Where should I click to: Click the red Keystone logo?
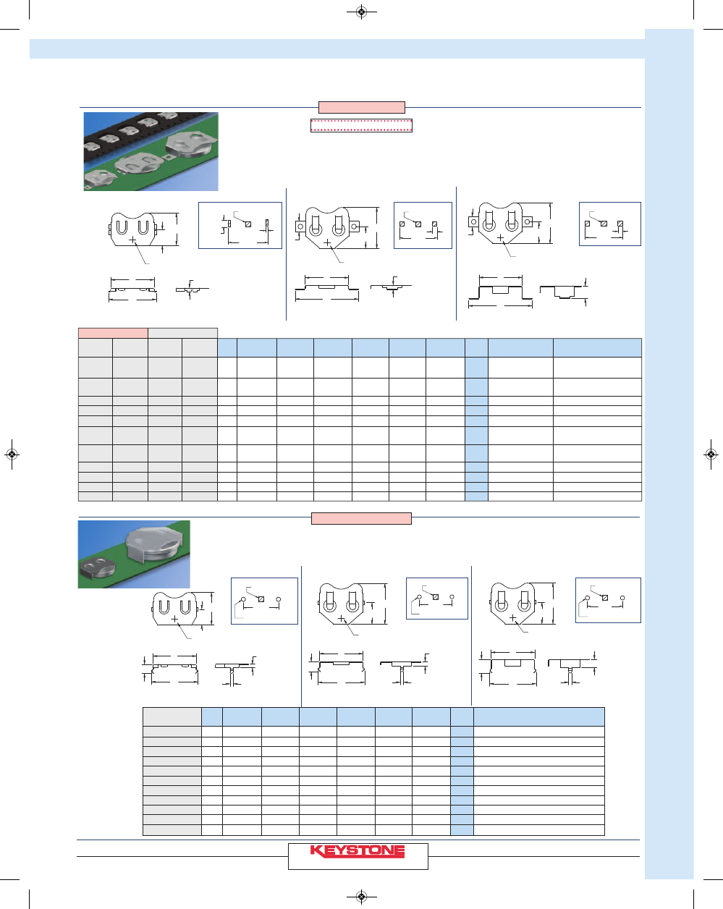(x=357, y=852)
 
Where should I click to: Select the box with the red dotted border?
(x=361, y=125)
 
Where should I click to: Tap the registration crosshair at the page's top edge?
(x=361, y=12)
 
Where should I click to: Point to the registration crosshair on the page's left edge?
(x=12, y=454)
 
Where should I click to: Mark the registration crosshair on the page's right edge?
(x=711, y=454)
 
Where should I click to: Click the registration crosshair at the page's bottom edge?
(x=361, y=897)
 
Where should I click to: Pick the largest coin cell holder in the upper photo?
(x=191, y=144)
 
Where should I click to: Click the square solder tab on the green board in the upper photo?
(x=169, y=157)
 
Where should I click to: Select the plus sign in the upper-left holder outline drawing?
(x=132, y=240)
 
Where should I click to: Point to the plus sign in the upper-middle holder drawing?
(x=327, y=242)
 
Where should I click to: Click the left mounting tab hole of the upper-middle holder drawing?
(x=300, y=227)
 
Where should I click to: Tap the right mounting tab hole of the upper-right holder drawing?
(x=527, y=221)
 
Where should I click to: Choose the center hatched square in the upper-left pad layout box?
(x=248, y=224)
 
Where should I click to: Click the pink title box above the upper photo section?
(x=362, y=107)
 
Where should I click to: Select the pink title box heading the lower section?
(x=361, y=518)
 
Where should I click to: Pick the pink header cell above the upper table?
(x=113, y=333)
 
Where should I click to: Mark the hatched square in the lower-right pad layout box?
(x=605, y=598)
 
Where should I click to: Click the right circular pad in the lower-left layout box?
(x=279, y=599)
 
